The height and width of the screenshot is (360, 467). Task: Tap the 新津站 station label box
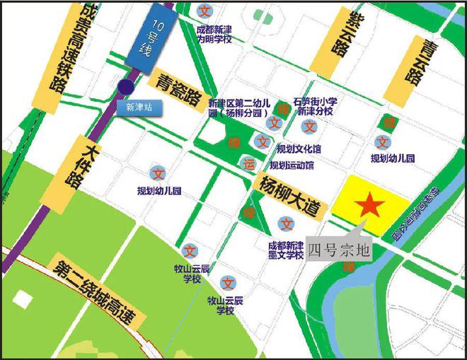[x=139, y=108]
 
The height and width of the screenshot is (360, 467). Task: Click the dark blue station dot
[x=126, y=87]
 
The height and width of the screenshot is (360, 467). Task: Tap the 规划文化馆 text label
[x=299, y=149]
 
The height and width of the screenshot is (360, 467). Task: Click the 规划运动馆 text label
[x=292, y=166]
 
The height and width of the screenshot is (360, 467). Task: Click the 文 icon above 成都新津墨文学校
[x=286, y=224]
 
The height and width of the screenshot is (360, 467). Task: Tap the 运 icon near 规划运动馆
[x=248, y=163]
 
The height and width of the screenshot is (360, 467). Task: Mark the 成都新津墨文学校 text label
[x=286, y=249]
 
